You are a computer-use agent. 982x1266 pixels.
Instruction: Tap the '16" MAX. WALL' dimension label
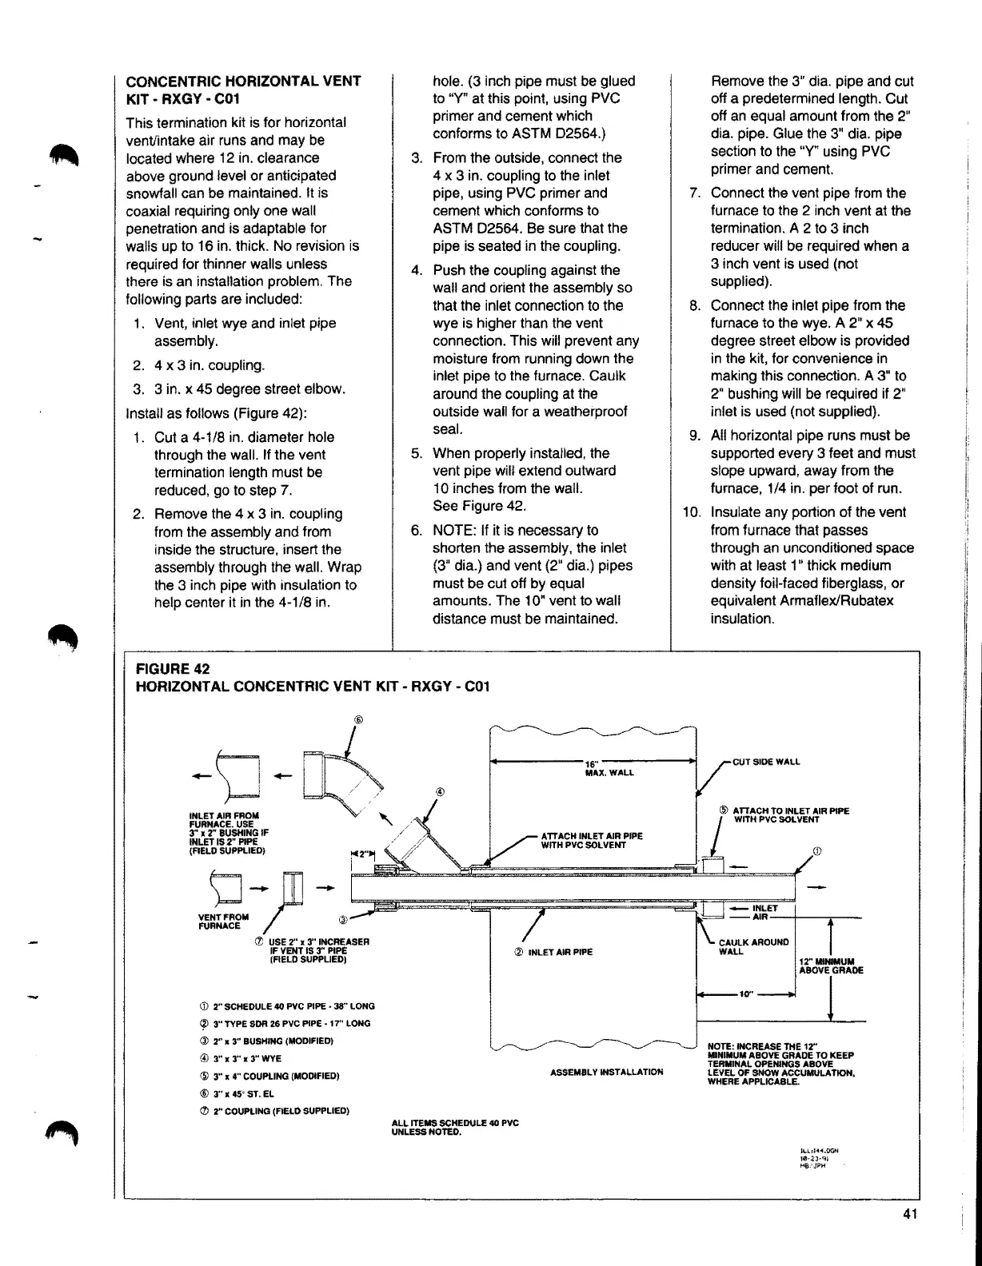coord(609,768)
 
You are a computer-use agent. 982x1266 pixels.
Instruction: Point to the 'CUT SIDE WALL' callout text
coord(766,762)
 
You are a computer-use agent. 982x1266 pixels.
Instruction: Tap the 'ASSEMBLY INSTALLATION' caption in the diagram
coord(607,1072)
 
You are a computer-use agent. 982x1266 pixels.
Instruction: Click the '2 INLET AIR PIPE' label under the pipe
coord(553,952)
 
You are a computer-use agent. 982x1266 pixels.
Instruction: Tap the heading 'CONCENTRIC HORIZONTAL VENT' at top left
coord(244,82)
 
